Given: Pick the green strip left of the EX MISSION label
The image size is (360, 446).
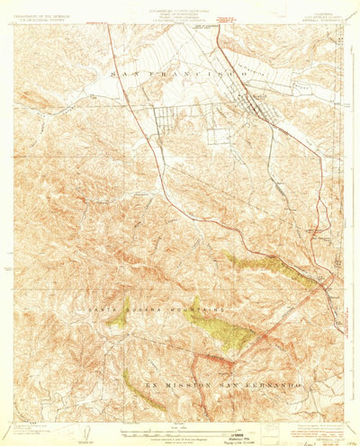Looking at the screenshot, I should pyautogui.click(x=144, y=388).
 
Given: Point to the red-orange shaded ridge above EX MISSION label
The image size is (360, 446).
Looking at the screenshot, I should pyautogui.click(x=216, y=360).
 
